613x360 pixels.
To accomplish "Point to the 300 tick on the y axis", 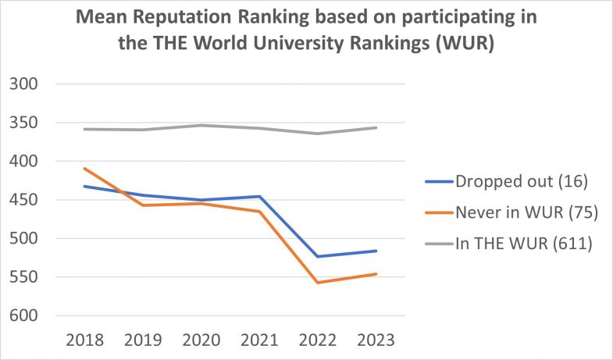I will coord(28,84).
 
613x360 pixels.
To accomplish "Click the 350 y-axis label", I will coord(28,123).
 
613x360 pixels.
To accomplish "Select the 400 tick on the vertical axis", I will coord(28,162).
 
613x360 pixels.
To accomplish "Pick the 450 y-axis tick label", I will coord(28,200).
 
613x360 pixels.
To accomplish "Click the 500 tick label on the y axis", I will coord(28,239).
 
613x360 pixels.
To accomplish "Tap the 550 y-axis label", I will coord(28,277).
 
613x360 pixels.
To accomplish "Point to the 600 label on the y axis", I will coord(28,316).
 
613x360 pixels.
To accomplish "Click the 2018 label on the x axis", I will coord(84,340).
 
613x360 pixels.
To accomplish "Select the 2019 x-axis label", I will coord(143,340).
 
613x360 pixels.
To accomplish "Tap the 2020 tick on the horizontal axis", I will coord(201,340).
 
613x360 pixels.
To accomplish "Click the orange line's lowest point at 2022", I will coord(318,283).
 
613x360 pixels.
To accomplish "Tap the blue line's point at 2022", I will coord(318,256).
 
